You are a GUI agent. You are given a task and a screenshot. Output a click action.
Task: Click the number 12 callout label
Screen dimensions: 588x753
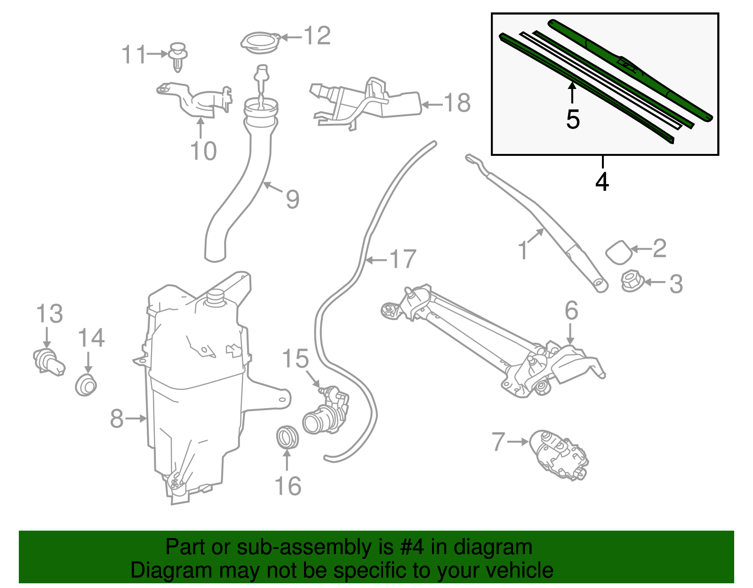tap(317, 36)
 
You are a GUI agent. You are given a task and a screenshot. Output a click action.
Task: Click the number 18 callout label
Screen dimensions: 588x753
tap(457, 103)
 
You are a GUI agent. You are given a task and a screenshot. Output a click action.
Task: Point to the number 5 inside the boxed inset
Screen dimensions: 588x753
tap(572, 119)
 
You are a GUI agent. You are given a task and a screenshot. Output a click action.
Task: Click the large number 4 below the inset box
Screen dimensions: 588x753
tap(602, 181)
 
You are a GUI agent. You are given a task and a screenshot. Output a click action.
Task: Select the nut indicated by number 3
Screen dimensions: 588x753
tap(630, 281)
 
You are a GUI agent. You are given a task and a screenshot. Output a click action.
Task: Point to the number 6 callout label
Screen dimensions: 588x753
tap(571, 311)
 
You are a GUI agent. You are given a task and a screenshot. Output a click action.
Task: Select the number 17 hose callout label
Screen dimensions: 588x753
tap(403, 259)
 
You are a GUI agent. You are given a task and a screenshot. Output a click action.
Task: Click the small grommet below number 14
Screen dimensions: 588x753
tap(86, 385)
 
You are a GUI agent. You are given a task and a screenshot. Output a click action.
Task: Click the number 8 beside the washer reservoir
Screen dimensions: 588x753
tap(117, 418)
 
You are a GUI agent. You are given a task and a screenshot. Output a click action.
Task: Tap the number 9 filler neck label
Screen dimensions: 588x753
tap(293, 199)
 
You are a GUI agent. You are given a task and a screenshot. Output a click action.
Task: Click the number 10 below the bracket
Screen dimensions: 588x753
tap(203, 151)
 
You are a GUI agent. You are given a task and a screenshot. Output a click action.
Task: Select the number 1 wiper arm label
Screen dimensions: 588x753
tap(523, 250)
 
